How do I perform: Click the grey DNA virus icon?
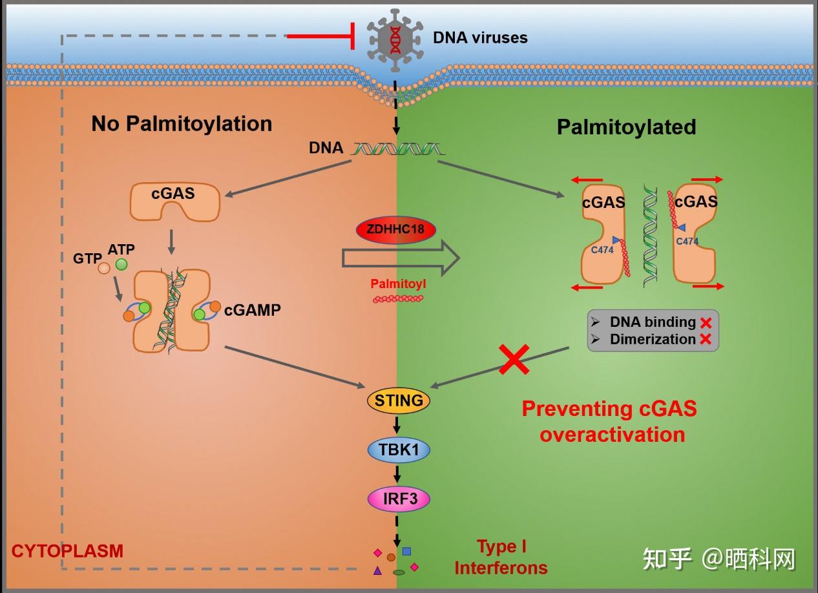coord(395,40)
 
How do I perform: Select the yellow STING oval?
coord(399,401)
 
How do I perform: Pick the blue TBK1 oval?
coord(399,450)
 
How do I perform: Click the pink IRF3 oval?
coord(399,499)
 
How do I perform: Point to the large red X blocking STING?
coord(514,359)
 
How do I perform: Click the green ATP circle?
coord(121,264)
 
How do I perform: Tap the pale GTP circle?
coord(104,268)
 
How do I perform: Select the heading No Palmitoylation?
coord(182,124)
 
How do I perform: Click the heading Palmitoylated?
coord(626,127)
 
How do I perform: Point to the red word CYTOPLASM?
coord(67,551)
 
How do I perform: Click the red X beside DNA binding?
coord(706,323)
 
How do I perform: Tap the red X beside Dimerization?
coord(706,339)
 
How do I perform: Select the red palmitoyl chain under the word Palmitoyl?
coord(397,298)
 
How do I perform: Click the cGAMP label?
coord(253,310)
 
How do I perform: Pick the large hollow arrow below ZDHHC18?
coord(401,258)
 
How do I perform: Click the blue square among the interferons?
coord(406,551)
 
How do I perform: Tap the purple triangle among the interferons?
coord(377,570)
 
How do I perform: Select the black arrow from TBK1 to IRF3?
coord(397,473)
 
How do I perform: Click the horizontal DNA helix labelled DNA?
coord(397,149)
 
